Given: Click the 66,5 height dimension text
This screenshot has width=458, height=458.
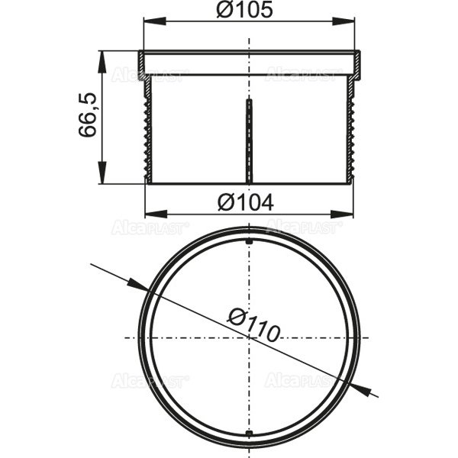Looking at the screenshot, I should point(87,116).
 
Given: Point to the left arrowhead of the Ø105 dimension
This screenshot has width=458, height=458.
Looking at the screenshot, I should point(144,21).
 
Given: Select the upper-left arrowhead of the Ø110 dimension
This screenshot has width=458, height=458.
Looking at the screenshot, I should point(141,287).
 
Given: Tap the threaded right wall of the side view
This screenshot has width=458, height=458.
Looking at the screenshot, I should point(352,130).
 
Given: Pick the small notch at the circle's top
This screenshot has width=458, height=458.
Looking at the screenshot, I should point(250,242).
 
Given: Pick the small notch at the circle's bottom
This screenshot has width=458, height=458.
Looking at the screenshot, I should point(250,434).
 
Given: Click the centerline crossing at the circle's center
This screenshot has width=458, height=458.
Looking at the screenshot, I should point(250,338).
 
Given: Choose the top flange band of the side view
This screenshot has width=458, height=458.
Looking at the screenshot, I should point(250,63).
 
